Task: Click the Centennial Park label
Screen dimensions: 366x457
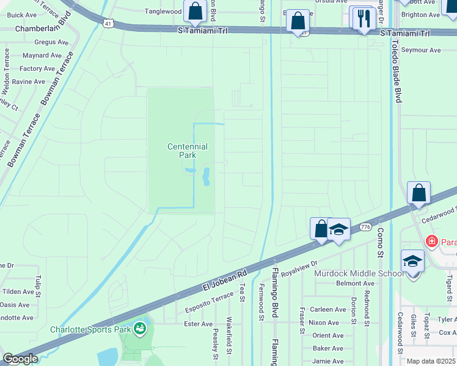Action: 188,151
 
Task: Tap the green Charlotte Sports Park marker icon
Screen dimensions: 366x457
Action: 141,329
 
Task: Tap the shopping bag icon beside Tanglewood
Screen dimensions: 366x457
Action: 195,11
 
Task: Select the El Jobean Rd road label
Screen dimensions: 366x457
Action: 224,280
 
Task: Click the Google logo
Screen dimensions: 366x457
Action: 20,359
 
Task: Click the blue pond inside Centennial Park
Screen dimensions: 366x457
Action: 206,176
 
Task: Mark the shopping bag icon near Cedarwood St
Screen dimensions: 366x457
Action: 419,193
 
